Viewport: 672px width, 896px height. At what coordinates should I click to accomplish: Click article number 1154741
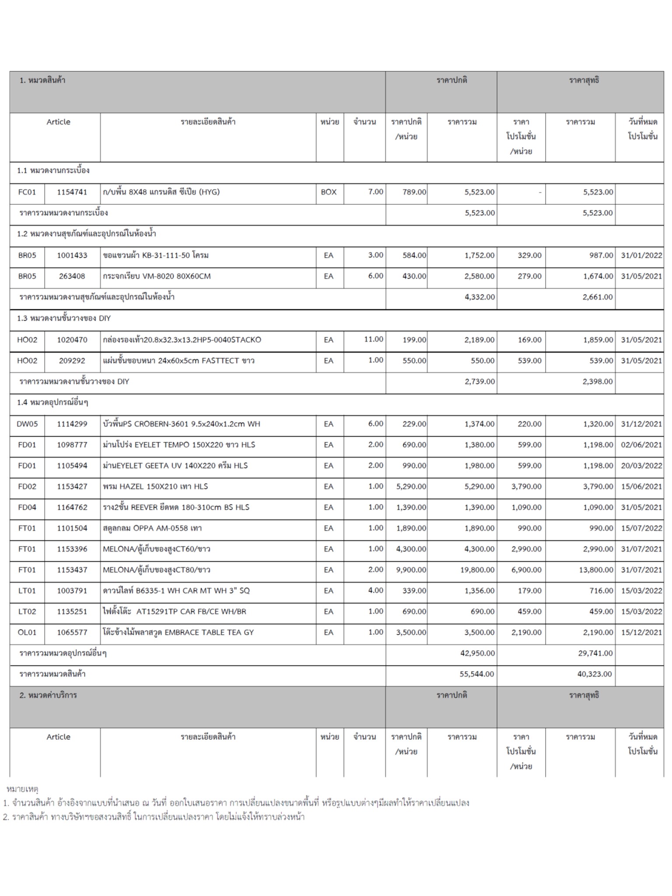click(x=72, y=192)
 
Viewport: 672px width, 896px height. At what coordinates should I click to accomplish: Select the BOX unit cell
click(x=329, y=192)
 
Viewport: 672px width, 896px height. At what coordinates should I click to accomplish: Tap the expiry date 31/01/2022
click(x=641, y=255)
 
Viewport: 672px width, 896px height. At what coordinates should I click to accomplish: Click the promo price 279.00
click(x=529, y=276)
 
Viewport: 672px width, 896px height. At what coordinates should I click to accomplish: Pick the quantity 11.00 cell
click(x=374, y=339)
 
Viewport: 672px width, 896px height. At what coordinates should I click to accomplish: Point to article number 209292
click(x=72, y=361)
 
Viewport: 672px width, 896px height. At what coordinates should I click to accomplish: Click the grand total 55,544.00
click(x=477, y=674)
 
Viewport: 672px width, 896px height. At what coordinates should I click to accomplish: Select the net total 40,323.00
click(x=595, y=674)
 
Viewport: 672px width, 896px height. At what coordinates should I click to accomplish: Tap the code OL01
click(x=27, y=633)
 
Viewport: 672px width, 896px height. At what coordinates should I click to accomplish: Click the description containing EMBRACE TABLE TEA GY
click(x=178, y=633)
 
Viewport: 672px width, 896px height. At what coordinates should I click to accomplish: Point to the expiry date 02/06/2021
click(x=641, y=445)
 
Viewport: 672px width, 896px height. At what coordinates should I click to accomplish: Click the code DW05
click(x=27, y=424)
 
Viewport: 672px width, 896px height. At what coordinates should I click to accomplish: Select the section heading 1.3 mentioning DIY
click(x=64, y=318)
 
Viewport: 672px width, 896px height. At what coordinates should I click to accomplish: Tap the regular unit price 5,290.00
click(x=411, y=486)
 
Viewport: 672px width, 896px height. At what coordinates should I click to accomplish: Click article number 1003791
click(x=72, y=591)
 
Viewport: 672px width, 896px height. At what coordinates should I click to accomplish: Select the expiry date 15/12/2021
click(x=641, y=633)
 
